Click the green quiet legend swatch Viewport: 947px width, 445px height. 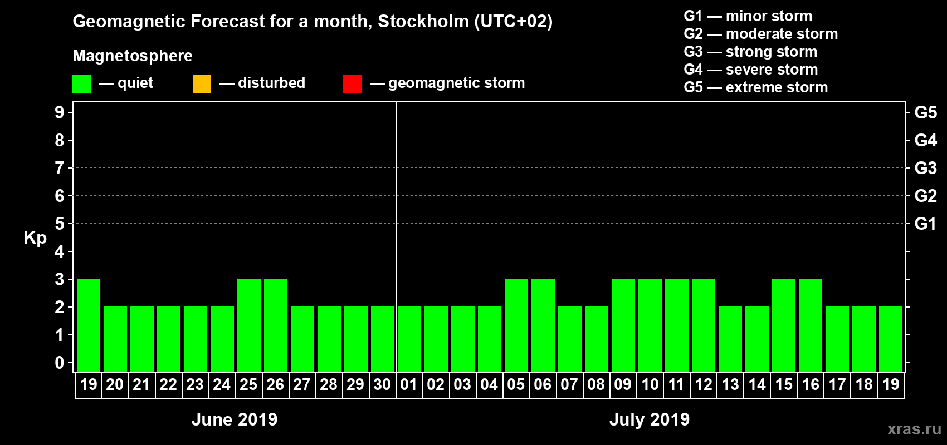(81, 84)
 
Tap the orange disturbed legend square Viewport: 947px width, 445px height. (202, 84)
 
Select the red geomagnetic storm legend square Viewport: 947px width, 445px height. (352, 84)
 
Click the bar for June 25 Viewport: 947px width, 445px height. (249, 325)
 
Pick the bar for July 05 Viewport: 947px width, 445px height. (516, 325)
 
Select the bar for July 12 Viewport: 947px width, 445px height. (704, 325)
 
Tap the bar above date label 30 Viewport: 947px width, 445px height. (383, 339)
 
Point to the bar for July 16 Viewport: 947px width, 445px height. (811, 325)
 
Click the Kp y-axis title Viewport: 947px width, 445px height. (35, 238)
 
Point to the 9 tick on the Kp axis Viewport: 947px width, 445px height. (60, 112)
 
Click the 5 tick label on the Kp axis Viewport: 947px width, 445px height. (60, 224)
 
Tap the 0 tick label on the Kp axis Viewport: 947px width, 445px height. (60, 363)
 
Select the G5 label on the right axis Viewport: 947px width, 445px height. (925, 112)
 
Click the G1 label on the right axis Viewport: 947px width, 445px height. (925, 224)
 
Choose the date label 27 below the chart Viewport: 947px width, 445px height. (302, 384)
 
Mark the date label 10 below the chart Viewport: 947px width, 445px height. (650, 384)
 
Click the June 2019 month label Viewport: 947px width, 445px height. (235, 419)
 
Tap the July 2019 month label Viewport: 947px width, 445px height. (650, 419)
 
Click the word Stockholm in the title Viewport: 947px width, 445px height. (423, 22)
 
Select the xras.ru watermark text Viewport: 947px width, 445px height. (914, 429)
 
